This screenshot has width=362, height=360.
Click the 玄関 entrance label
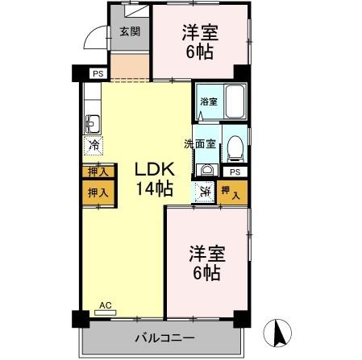point(130,32)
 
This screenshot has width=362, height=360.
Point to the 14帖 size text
point(152,190)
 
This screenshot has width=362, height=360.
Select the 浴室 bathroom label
point(209,101)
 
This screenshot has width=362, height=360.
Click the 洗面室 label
point(200,144)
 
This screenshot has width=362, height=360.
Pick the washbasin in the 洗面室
point(206,169)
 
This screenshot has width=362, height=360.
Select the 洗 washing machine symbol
point(206,192)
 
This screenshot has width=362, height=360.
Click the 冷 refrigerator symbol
point(94,147)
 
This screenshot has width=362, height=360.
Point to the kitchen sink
point(92,124)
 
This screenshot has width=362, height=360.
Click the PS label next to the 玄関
point(98,74)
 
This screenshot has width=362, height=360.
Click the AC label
point(103,304)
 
